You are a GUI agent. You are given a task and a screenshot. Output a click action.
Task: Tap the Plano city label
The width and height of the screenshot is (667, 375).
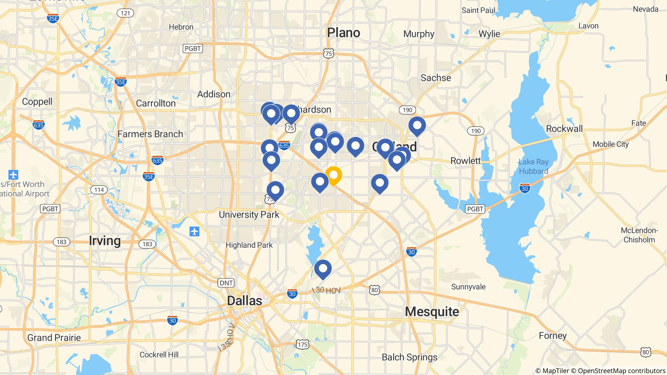coord(344,33)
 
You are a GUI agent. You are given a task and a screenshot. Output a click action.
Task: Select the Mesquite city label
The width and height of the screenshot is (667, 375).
coord(432,312)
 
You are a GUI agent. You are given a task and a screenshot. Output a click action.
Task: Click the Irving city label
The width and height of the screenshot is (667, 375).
coord(105,241)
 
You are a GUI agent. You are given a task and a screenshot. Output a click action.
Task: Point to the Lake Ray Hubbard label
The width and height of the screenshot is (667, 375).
coord(533,166)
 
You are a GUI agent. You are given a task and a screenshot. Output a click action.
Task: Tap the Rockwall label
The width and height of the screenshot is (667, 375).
coord(564,129)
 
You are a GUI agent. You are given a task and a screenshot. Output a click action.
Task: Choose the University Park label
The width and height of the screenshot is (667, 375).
coord(249,215)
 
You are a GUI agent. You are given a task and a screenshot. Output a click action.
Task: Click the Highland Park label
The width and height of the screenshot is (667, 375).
coord(249,245)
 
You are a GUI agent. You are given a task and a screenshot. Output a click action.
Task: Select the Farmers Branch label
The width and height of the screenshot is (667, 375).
coord(150,134)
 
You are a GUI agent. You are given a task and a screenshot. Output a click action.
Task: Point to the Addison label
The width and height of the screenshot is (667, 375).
coord(214,94)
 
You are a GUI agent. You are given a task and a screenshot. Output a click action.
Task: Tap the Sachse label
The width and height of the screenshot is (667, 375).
coord(436,78)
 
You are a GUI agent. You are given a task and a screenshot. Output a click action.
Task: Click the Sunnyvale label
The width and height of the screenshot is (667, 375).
coord(468,287)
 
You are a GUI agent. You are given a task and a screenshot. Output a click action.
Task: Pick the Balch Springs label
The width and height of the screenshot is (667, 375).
coord(409,357)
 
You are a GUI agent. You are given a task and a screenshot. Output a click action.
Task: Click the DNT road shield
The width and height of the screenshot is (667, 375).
coord(226,283)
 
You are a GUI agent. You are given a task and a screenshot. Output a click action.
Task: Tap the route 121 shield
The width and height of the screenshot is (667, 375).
coord(125,13)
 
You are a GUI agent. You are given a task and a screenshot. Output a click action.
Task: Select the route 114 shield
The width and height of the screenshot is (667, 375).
coord(99,190)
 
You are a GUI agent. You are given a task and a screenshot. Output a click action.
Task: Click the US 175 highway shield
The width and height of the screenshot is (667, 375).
coord(303,344)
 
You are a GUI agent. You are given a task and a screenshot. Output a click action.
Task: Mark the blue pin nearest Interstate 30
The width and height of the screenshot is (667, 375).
coord(323,269)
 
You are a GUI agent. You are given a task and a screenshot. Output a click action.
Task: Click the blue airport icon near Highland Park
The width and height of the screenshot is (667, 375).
coord(194,232)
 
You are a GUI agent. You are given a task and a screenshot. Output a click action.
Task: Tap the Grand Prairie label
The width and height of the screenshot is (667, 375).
coord(54,338)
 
